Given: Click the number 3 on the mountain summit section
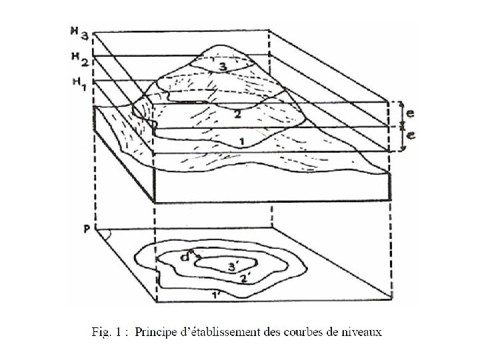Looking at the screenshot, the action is [223, 67].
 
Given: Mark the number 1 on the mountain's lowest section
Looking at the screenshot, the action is [242, 141].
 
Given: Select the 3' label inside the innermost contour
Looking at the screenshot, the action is [233, 267].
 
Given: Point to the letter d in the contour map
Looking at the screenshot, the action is [188, 254].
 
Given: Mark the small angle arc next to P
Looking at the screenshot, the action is [103, 233].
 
